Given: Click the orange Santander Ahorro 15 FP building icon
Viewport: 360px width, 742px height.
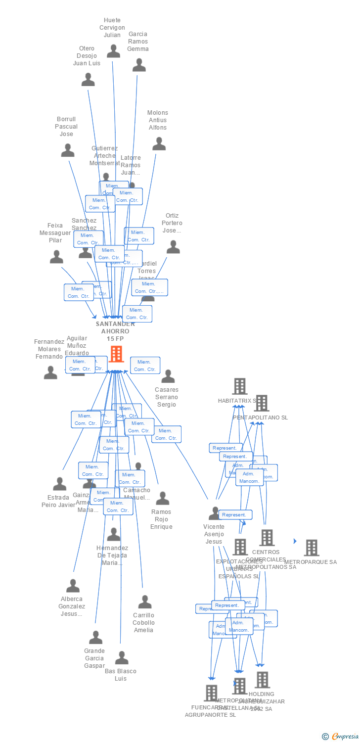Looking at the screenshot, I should pos(116,354).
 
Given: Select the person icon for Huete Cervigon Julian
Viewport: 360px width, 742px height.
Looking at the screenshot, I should pos(114,51).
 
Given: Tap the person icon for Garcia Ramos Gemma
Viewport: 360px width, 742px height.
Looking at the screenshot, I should pos(139,65).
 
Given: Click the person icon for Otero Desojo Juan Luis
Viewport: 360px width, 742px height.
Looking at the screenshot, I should pos(88,79).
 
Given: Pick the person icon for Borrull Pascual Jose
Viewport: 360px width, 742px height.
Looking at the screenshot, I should pos(68,150).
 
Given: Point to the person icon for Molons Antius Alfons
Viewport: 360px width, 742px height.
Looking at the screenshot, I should pos(159,144).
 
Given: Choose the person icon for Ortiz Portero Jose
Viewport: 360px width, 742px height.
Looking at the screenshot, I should pos(173,247).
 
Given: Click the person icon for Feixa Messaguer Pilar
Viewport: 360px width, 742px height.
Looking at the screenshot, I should pos(57,257).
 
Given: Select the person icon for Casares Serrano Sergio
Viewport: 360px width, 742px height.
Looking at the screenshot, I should pos(168,376).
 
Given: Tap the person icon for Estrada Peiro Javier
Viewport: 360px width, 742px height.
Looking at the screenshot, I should pos(60,484).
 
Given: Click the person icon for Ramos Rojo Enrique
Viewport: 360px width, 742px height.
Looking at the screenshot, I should pos(162,498).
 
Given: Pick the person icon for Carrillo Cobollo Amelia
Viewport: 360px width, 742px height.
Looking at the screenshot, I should pos(145,602).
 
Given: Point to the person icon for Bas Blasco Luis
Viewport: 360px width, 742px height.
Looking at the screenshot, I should pos(122,658).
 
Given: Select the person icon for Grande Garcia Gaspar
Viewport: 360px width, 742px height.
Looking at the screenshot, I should pos(95,637).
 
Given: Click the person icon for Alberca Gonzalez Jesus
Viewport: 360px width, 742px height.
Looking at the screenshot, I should pos(73,586).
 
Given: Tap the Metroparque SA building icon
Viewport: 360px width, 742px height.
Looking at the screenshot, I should pos(312,548).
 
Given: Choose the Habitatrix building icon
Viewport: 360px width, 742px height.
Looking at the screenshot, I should pos(240,386).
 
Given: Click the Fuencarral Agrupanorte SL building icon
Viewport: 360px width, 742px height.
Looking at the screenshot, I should pos(211,693).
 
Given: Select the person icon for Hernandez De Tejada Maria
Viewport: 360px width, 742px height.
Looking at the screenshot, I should pos(114,534).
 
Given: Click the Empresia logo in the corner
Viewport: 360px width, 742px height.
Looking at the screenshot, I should pos(341,737).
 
